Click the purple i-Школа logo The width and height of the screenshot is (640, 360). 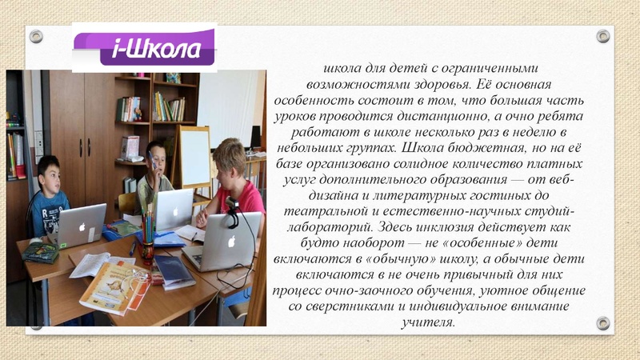tap(147, 47)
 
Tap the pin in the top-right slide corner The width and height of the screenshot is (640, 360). tap(603, 36)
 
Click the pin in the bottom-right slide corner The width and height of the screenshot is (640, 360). tap(603, 323)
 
